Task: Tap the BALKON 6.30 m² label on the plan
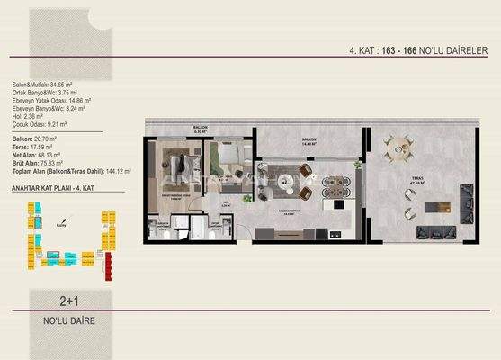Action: (x=199, y=130)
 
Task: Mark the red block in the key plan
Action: (x=109, y=264)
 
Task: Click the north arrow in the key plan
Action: (x=60, y=224)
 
